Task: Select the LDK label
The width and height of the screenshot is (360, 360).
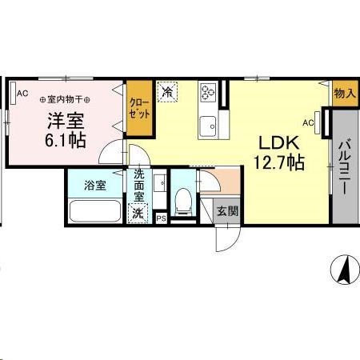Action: [x=278, y=142]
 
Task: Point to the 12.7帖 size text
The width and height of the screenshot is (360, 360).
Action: [x=278, y=162]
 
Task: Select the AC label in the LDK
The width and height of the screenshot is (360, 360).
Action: [x=308, y=122]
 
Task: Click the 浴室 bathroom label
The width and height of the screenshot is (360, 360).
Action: [x=96, y=186]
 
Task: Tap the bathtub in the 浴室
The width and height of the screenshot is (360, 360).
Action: [x=95, y=212]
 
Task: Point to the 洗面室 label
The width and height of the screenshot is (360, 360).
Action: [x=138, y=185]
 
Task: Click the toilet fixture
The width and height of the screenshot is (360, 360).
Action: [x=182, y=202]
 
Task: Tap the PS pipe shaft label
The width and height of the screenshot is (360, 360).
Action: [x=161, y=218]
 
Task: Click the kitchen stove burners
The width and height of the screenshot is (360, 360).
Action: [x=210, y=94]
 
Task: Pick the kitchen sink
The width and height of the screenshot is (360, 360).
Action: [x=210, y=125]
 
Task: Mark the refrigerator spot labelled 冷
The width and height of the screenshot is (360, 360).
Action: [x=168, y=93]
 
